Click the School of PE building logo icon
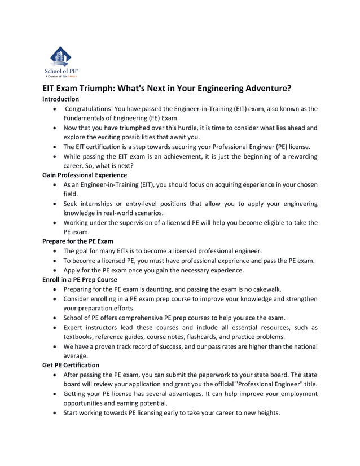point(60,56)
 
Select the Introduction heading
point(61,99)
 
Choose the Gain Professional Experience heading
point(85,175)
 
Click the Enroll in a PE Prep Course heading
point(80,279)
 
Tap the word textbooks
point(80,337)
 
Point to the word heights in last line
point(265,413)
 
